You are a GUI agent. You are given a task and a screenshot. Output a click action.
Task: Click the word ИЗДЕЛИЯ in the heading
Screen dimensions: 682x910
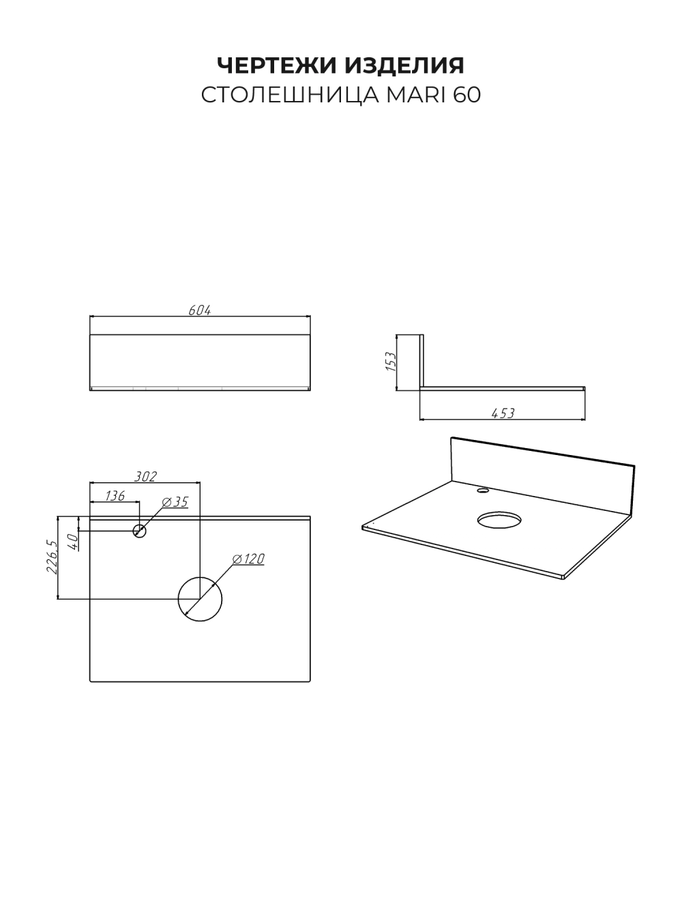tap(404, 65)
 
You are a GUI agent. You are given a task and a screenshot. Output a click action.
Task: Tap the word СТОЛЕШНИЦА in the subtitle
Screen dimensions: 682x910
tap(290, 96)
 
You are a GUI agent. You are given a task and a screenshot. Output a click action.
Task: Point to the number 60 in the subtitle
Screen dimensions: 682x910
tap(466, 95)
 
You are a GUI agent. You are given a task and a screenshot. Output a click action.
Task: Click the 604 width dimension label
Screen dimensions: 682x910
tap(200, 310)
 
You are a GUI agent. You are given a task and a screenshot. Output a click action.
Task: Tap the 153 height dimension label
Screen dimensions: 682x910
tap(391, 362)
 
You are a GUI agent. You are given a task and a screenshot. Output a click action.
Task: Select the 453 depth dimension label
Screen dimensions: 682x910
tap(503, 413)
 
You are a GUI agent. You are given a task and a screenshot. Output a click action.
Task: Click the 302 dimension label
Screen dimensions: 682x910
tap(145, 477)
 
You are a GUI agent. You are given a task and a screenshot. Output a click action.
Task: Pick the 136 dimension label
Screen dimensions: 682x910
tap(115, 496)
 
